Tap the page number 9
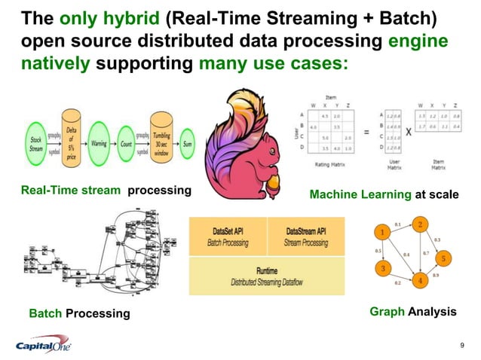(x=461, y=346)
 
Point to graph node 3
(x=384, y=268)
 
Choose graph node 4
(x=420, y=281)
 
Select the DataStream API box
(x=305, y=236)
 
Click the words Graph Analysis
(x=413, y=311)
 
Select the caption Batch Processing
(x=79, y=313)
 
